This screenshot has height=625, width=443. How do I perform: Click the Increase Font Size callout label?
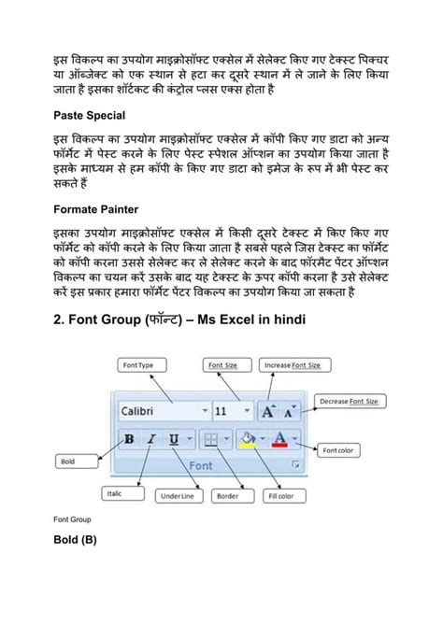click(x=285, y=366)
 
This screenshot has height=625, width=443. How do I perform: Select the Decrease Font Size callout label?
click(x=349, y=401)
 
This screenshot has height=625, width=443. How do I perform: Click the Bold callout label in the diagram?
click(x=66, y=461)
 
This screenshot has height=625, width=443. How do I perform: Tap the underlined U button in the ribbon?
click(x=175, y=438)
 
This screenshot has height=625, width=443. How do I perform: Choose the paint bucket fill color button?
click(x=248, y=438)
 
